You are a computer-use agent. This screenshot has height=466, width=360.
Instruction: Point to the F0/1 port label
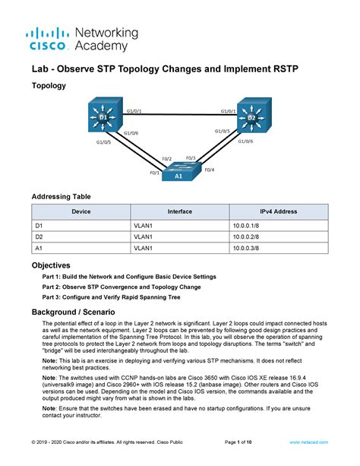[x=154, y=172]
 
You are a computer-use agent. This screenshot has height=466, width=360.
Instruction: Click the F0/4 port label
[x=210, y=169]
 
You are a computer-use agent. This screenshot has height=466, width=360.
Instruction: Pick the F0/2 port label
[x=167, y=159]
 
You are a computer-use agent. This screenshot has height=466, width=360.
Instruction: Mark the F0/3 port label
[x=191, y=158]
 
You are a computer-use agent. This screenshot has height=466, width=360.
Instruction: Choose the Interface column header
[x=179, y=212]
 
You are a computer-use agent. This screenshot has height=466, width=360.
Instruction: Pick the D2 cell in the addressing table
[x=39, y=236]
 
